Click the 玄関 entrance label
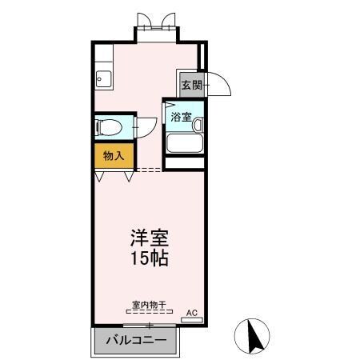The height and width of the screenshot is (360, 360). click(x=190, y=84)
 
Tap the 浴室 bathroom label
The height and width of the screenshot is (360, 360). click(x=181, y=117)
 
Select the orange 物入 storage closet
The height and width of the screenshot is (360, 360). click(x=113, y=156)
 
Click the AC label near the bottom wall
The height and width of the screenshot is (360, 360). click(x=191, y=312)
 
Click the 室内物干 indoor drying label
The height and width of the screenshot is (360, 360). click(x=149, y=305)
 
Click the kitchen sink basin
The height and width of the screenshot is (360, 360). click(x=103, y=79)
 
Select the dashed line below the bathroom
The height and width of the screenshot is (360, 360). click(x=148, y=170)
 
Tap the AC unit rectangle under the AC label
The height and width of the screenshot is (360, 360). click(x=192, y=320)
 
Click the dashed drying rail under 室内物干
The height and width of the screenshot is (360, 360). click(x=149, y=313)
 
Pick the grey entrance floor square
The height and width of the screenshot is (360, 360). click(x=190, y=84)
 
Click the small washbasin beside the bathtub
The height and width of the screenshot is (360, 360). click(x=197, y=125)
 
